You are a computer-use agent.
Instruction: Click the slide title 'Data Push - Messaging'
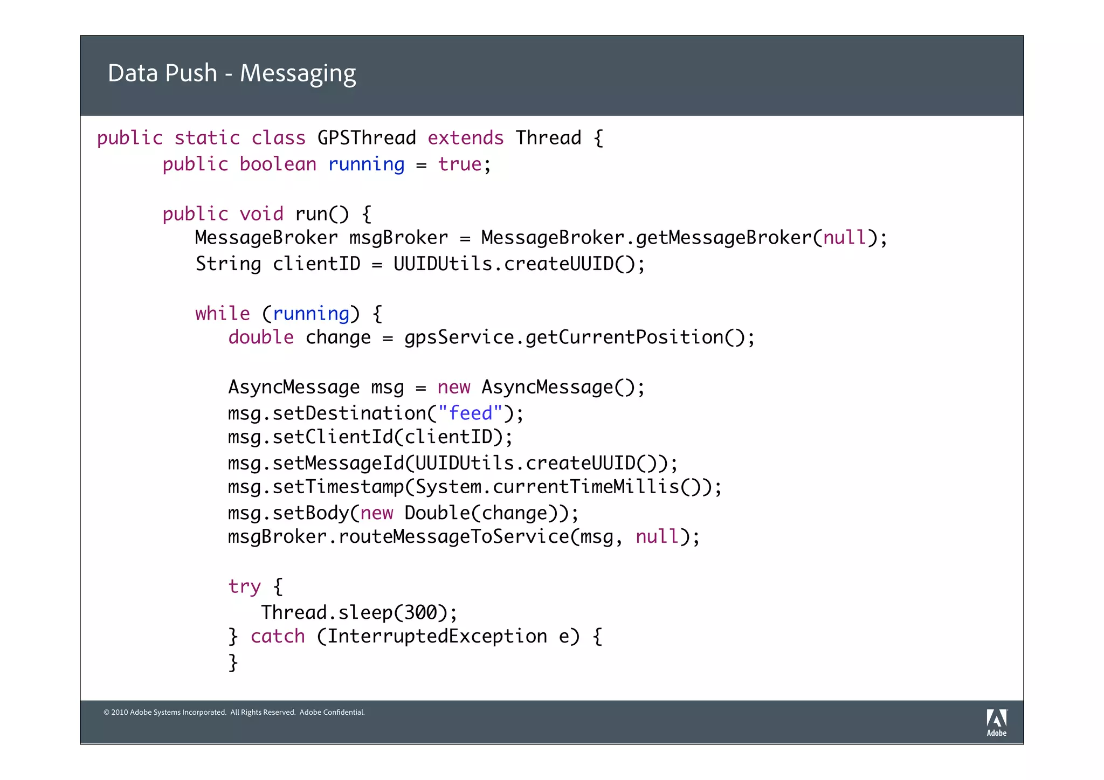click(232, 73)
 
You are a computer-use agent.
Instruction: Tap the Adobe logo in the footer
click(996, 722)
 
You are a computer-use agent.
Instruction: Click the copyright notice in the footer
click(234, 712)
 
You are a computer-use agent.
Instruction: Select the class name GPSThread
click(367, 138)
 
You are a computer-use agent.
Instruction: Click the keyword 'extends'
click(465, 138)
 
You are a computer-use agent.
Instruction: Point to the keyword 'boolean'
click(278, 164)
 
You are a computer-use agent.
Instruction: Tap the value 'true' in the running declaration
click(459, 164)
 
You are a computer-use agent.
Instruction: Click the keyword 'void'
click(261, 214)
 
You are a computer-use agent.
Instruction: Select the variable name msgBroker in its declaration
click(398, 238)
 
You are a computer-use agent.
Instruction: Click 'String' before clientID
click(228, 264)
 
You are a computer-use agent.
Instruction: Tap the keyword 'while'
click(222, 313)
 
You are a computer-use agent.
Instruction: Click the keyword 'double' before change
click(261, 337)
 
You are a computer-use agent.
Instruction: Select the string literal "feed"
click(470, 413)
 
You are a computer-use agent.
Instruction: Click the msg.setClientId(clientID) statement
click(370, 437)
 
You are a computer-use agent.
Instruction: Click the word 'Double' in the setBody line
click(437, 513)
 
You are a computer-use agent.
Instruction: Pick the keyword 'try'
click(244, 586)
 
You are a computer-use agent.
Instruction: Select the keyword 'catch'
click(278, 636)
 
